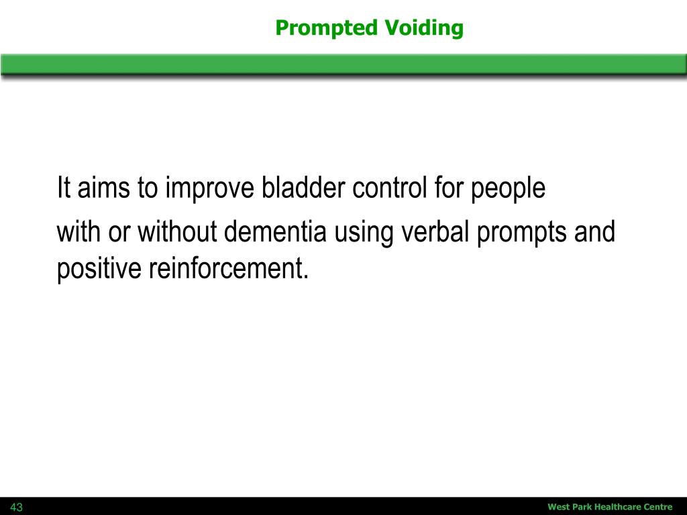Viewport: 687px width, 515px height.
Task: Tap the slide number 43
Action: pos(16,508)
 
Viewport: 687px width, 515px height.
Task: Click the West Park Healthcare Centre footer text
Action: pos(610,507)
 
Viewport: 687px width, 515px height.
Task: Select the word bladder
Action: pos(305,189)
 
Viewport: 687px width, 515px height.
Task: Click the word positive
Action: pos(99,270)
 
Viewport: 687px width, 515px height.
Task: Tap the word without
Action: pos(178,232)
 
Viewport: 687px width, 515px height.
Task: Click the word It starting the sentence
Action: pos(64,189)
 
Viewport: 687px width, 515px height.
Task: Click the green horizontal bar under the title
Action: pos(343,64)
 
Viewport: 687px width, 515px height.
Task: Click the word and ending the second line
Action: pos(594,232)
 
